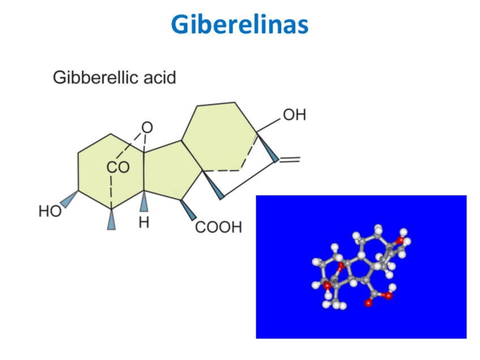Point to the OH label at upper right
coord(294,115)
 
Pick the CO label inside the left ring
coord(118,168)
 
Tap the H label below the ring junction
coord(144,222)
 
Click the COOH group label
coord(218,228)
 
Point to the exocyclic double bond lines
coord(288,160)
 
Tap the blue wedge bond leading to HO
coord(69,199)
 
